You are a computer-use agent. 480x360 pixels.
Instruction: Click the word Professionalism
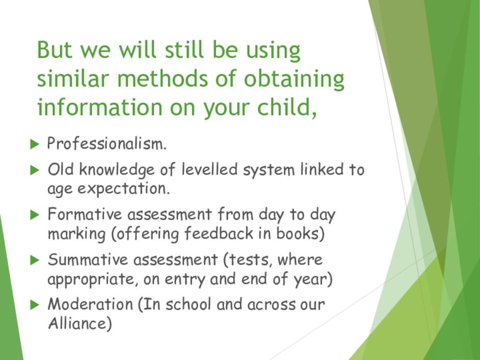tap(107, 143)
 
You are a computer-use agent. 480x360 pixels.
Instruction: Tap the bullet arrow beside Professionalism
tap(35, 144)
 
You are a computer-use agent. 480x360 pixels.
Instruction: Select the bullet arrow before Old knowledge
tap(35, 170)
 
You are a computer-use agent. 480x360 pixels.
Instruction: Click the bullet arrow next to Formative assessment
tap(35, 215)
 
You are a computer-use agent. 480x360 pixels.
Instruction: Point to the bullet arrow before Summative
tap(35, 260)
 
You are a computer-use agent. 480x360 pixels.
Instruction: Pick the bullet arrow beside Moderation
tap(35, 305)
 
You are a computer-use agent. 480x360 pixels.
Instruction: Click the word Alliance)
tap(80, 324)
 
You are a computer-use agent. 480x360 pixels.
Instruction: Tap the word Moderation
tap(90, 304)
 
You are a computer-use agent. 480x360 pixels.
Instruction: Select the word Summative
tap(87, 259)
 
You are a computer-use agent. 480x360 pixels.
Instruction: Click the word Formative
tap(85, 214)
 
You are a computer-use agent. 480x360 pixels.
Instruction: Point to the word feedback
tap(219, 233)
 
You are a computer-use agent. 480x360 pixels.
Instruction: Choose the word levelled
tap(209, 170)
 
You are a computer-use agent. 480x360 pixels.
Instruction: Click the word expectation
tap(124, 188)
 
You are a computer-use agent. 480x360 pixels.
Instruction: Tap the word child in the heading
tap(287, 107)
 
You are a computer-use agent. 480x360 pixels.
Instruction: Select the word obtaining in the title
tap(294, 79)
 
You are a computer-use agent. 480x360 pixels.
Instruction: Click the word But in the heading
tap(55, 50)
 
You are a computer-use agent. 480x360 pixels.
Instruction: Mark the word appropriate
tap(91, 279)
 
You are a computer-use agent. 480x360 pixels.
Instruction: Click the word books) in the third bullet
tap(300, 233)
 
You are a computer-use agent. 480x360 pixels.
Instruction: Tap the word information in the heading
tap(100, 107)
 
